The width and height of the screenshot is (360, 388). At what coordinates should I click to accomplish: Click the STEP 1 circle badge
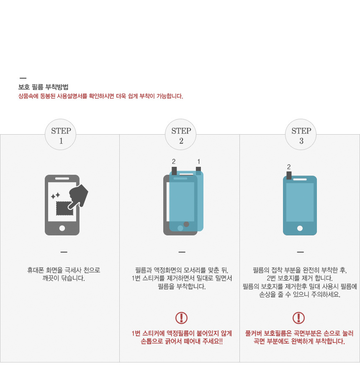coord(60,134)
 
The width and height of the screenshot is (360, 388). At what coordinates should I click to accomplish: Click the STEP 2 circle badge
coord(180,134)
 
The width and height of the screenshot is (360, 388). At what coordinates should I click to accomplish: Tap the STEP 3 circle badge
coord(301,134)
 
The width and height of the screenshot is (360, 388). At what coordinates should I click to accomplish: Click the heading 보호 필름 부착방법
coord(44,87)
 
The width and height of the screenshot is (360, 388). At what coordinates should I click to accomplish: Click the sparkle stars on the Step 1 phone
coord(56,196)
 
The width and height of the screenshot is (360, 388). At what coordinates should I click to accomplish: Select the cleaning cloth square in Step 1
coord(64,208)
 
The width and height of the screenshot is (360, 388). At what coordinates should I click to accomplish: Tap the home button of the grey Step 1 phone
coord(62,228)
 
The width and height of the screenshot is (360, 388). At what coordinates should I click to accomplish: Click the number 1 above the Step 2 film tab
coord(198,161)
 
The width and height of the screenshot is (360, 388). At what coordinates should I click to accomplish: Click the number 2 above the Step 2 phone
coord(174,161)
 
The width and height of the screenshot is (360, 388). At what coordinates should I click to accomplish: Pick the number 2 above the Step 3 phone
coord(289,167)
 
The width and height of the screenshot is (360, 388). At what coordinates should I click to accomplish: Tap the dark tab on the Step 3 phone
coord(289,175)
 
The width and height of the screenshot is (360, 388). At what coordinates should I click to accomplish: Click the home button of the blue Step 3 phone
coord(300,228)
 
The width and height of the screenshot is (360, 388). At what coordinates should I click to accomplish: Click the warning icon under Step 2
coord(181,318)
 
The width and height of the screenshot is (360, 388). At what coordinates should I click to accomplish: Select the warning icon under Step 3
coord(298,318)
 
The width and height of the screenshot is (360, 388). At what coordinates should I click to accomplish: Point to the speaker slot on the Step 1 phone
coord(62,179)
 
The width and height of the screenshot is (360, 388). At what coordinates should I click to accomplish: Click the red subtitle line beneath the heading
coord(100,96)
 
